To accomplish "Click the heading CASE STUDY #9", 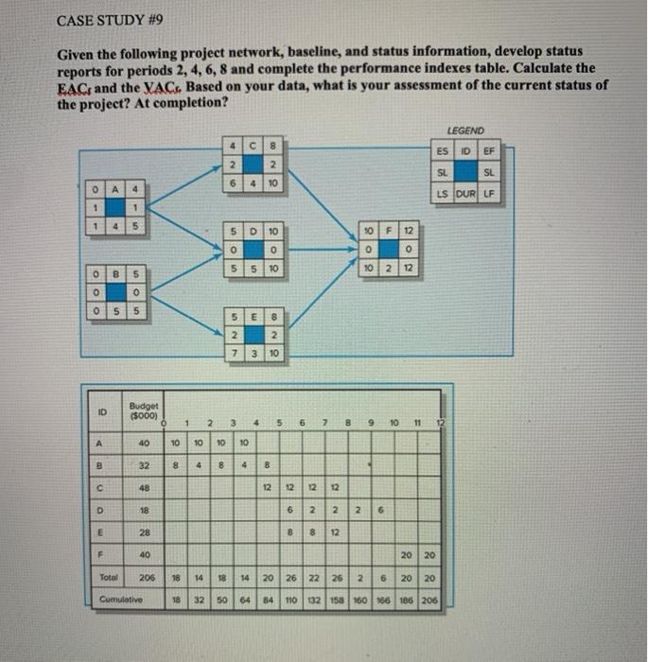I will [x=103, y=20].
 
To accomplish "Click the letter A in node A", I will [x=113, y=187].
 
